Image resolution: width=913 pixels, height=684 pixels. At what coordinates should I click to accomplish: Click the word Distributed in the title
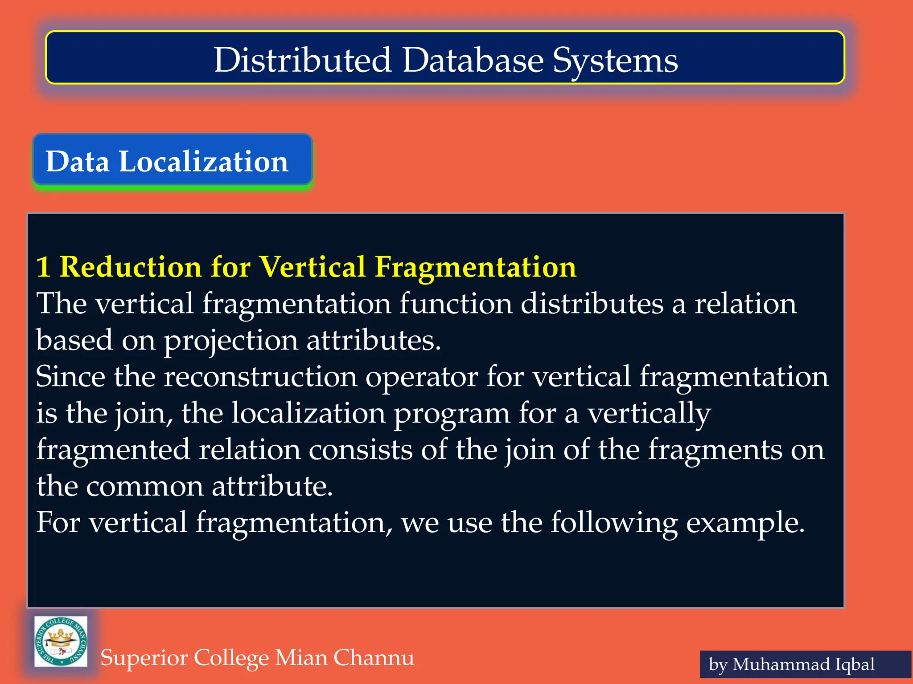point(302,60)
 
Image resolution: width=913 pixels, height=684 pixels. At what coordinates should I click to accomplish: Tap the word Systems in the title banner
point(615,61)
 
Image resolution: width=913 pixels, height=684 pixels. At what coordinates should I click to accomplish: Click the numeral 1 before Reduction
point(43,267)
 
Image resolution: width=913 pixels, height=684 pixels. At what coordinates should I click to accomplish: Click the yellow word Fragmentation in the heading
point(475,267)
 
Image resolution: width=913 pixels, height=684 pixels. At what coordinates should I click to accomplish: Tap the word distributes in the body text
point(592,304)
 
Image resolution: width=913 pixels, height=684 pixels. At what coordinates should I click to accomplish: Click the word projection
point(231,341)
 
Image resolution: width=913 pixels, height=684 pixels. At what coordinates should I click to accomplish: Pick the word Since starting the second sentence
point(70,377)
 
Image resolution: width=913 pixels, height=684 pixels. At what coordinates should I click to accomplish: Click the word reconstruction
point(260,377)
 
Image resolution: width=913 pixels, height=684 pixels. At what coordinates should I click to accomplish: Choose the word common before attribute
point(144,486)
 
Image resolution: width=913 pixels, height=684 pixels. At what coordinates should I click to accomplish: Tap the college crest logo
point(61,641)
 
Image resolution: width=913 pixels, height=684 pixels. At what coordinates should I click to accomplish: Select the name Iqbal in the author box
point(854,664)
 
